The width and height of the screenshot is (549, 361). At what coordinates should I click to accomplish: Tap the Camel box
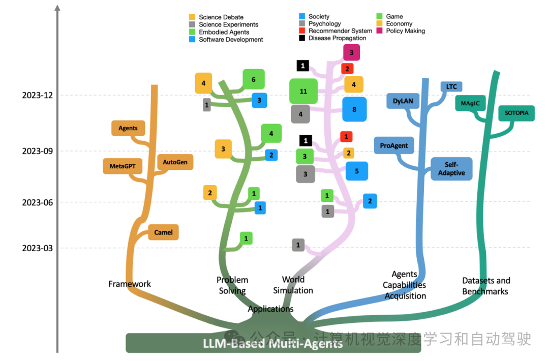click(163, 232)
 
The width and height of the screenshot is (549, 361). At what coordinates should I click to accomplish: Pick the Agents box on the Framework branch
click(128, 128)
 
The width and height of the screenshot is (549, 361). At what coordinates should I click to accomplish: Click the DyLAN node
click(403, 101)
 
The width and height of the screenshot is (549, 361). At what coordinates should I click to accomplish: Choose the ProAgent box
click(394, 145)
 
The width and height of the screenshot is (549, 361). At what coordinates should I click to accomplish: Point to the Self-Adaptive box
click(451, 169)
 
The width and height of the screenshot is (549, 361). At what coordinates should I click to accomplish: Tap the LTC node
click(451, 87)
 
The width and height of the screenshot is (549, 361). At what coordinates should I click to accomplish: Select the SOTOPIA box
click(516, 113)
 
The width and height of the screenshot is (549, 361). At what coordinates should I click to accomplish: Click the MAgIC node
click(470, 103)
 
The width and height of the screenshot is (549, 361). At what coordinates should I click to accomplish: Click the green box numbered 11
click(303, 92)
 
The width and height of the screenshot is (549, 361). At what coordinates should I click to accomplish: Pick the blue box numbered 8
click(354, 109)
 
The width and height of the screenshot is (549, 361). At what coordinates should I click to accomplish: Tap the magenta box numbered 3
click(351, 52)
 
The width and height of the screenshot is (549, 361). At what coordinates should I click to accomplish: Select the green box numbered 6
click(253, 79)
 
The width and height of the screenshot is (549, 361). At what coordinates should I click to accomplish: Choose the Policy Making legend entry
click(405, 31)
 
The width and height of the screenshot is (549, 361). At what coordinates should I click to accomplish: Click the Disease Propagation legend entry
click(337, 38)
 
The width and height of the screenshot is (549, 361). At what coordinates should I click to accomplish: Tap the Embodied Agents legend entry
click(224, 32)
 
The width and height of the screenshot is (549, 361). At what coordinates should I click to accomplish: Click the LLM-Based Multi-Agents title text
click(272, 344)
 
